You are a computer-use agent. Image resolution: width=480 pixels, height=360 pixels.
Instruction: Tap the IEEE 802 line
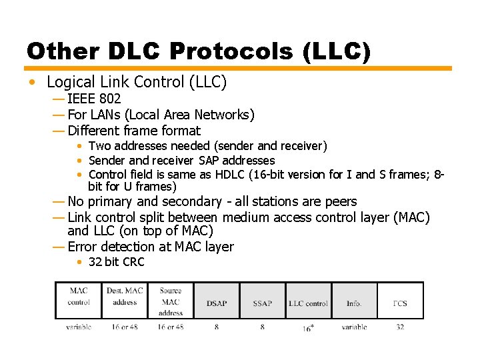pyautogui.click(x=94, y=99)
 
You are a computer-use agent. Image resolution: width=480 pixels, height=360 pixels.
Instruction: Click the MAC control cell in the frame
pyautogui.click(x=79, y=296)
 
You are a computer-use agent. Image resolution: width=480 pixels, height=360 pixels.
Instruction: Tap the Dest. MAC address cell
pyautogui.click(x=125, y=296)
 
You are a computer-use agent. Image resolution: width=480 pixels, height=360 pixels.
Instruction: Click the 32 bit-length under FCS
pyautogui.click(x=400, y=327)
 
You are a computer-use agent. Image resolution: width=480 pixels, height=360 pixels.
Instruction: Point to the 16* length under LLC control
pyautogui.click(x=308, y=328)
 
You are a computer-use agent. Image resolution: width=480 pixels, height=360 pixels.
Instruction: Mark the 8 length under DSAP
pyautogui.click(x=217, y=327)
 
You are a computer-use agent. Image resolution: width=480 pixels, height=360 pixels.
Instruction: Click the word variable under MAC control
pyautogui.click(x=79, y=327)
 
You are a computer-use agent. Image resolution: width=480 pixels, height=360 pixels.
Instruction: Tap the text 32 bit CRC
pyautogui.click(x=116, y=262)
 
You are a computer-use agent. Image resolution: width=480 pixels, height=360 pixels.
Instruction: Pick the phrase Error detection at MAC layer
pyautogui.click(x=151, y=247)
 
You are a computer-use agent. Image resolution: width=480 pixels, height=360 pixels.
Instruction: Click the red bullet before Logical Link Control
pyautogui.click(x=33, y=83)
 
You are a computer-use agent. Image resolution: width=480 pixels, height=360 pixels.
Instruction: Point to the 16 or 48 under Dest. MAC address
pyautogui.click(x=125, y=327)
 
